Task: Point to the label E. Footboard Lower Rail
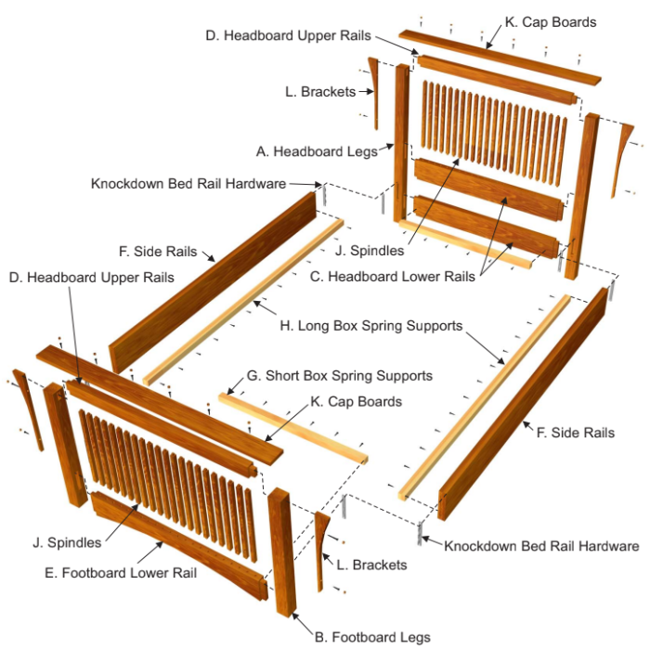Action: [121, 573]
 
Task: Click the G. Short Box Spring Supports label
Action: [340, 376]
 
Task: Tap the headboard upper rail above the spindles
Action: [492, 79]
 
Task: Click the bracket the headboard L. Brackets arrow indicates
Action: [374, 93]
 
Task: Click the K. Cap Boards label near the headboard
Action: [551, 21]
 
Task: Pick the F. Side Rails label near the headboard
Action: [158, 252]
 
